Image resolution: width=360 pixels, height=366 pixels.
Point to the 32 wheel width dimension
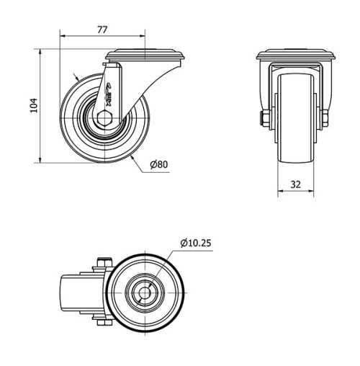pyautogui.click(x=296, y=184)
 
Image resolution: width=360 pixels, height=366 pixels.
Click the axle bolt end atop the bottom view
pyautogui.click(x=100, y=262)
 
